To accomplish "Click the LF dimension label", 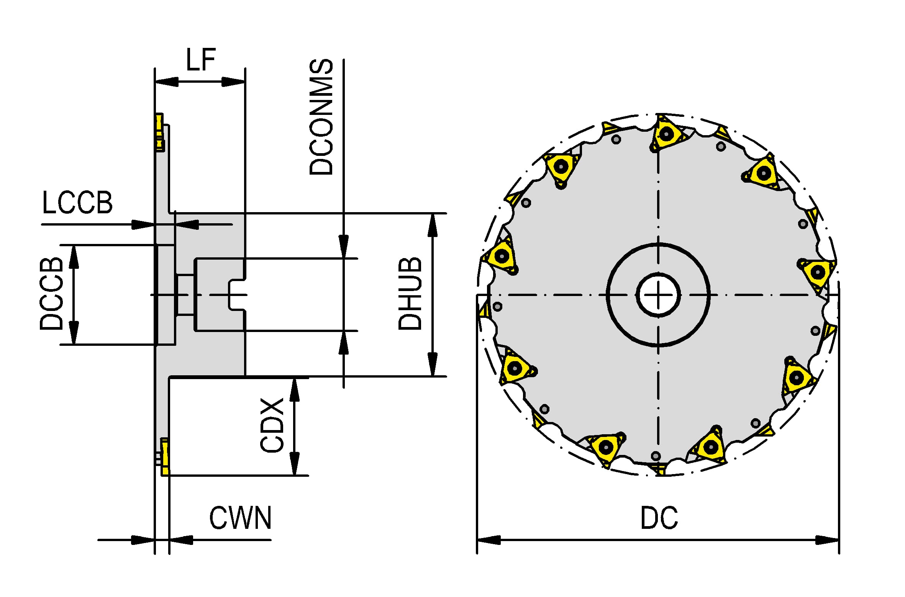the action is [201, 60].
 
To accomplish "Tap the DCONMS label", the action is [321, 117].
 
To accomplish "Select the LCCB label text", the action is [77, 203].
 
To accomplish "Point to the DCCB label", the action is [51, 294].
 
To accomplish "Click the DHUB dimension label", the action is [410, 294].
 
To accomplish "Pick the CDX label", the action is [272, 425].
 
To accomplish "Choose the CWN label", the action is [240, 518].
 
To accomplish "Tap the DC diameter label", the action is [659, 518].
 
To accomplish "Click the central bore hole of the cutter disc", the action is [658, 295].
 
